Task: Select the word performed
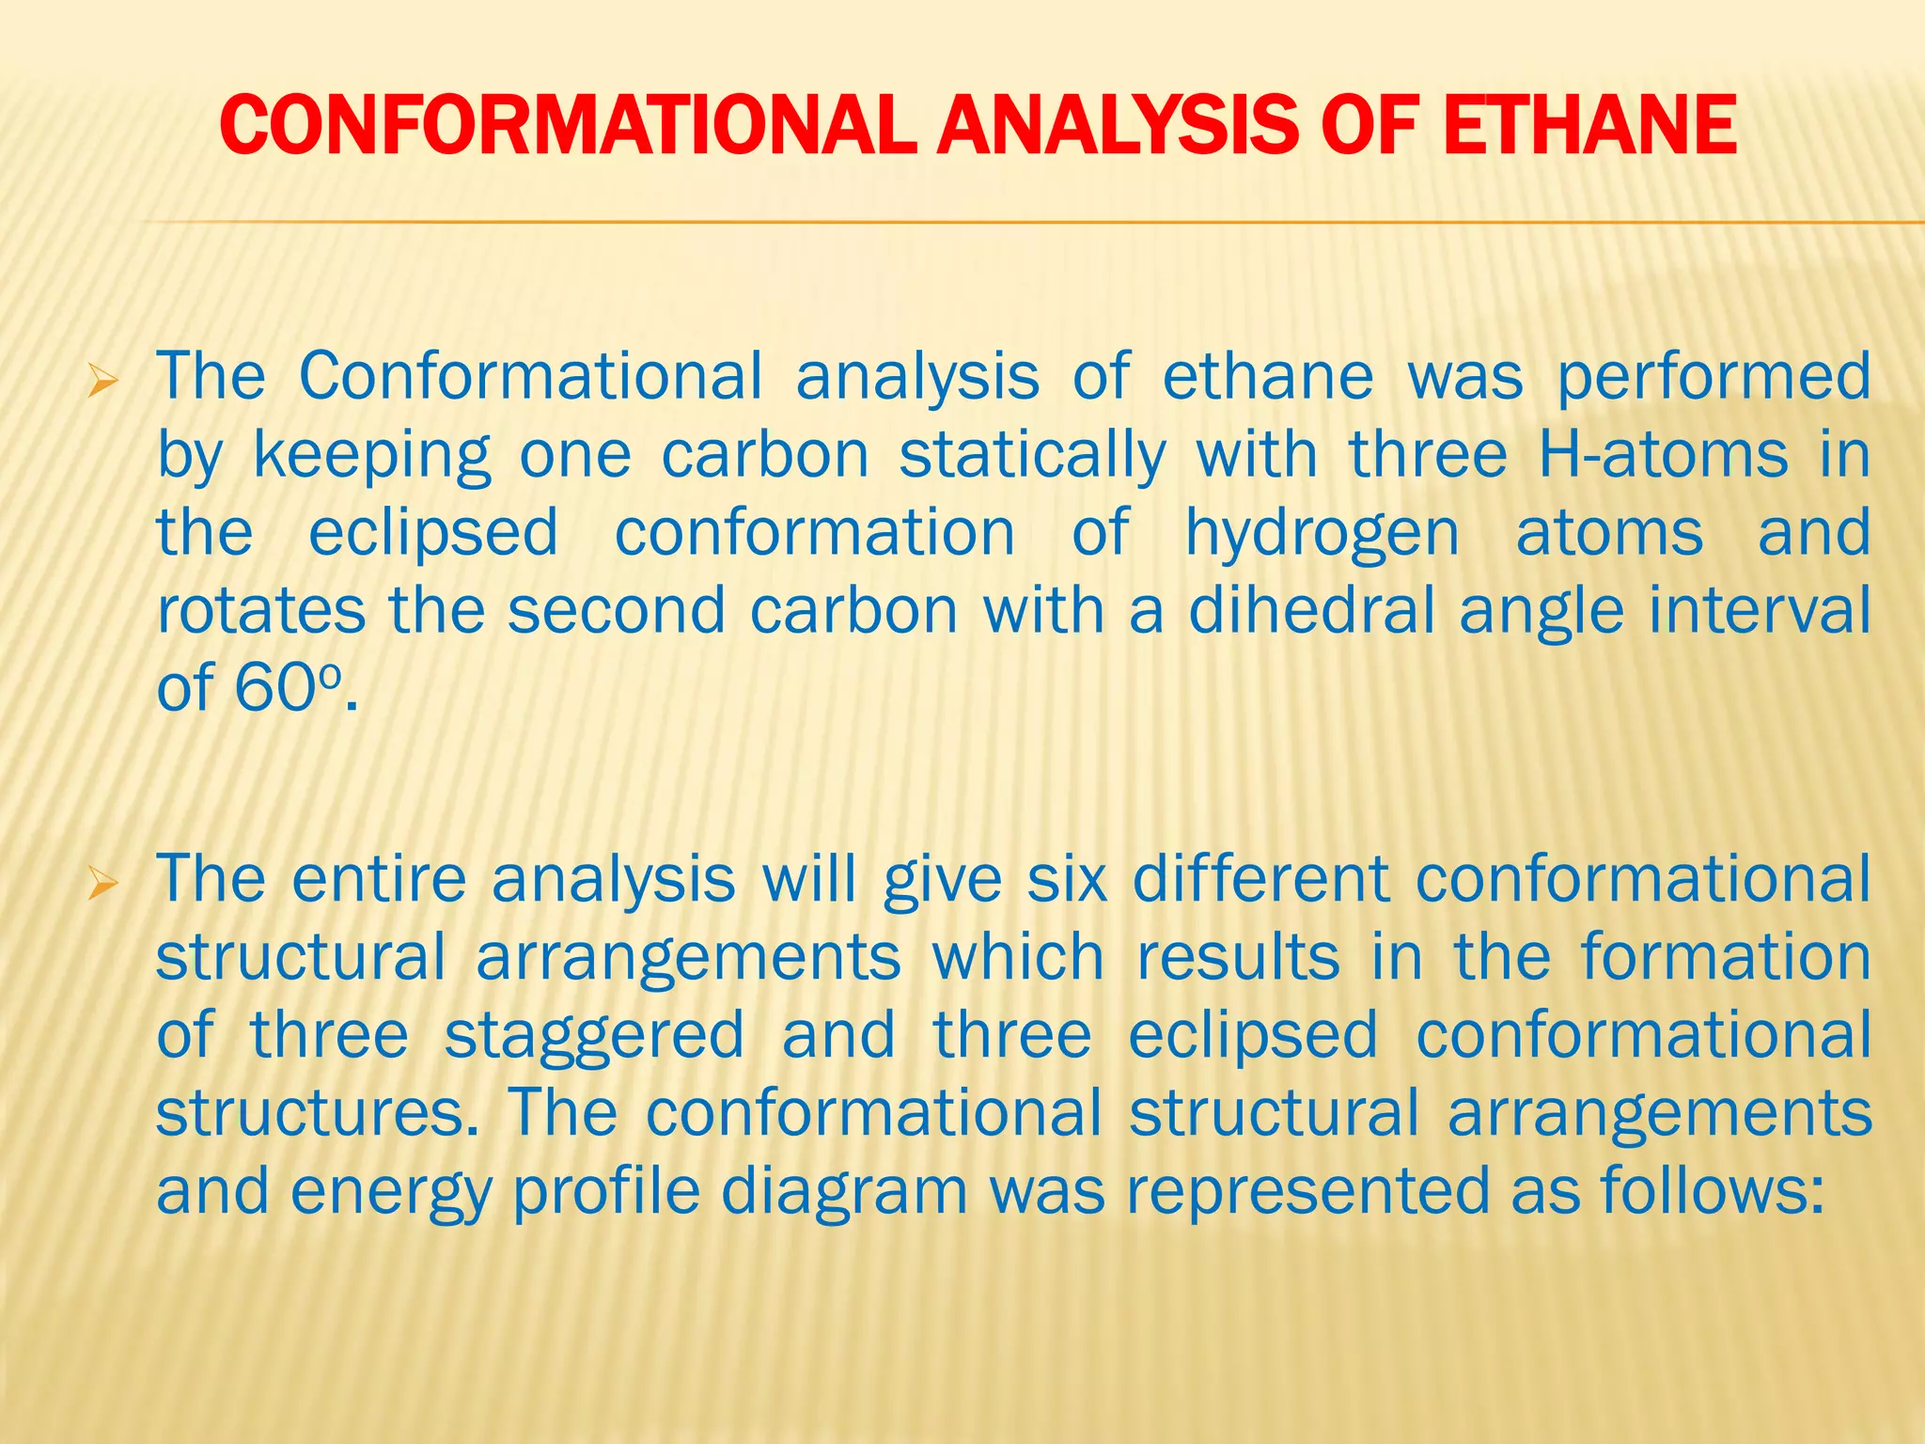coord(1714,377)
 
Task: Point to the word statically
coord(1032,455)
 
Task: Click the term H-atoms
coord(1663,455)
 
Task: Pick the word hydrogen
coord(1322,533)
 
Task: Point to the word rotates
coord(260,611)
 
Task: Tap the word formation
coord(1725,957)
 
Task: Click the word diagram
coord(844,1190)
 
